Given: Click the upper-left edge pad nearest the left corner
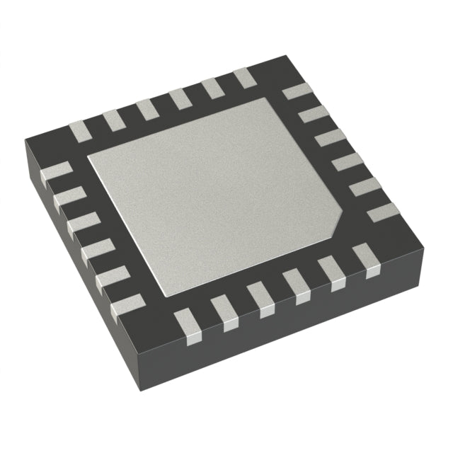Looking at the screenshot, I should [79, 130].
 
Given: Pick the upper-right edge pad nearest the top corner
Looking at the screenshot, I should [297, 91].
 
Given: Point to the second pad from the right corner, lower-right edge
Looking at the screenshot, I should [331, 273].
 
